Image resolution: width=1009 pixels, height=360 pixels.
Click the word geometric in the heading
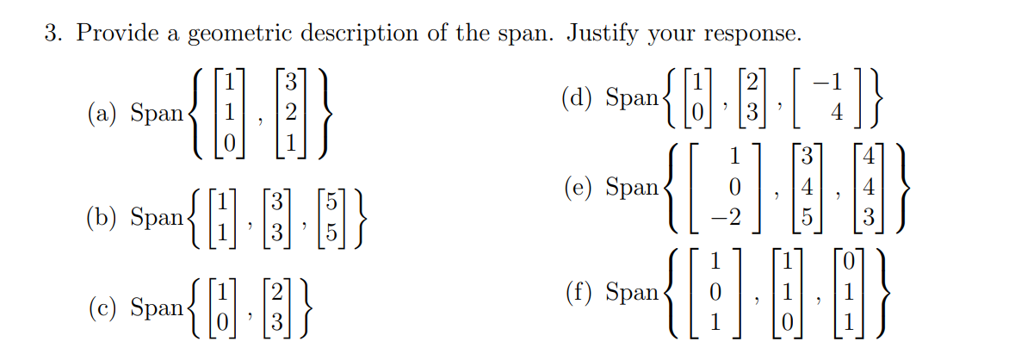234,34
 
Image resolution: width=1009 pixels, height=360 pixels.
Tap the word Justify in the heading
603,34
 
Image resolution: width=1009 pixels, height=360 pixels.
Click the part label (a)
104,113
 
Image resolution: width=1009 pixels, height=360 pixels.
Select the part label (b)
104,218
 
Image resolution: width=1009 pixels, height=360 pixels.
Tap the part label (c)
104,308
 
